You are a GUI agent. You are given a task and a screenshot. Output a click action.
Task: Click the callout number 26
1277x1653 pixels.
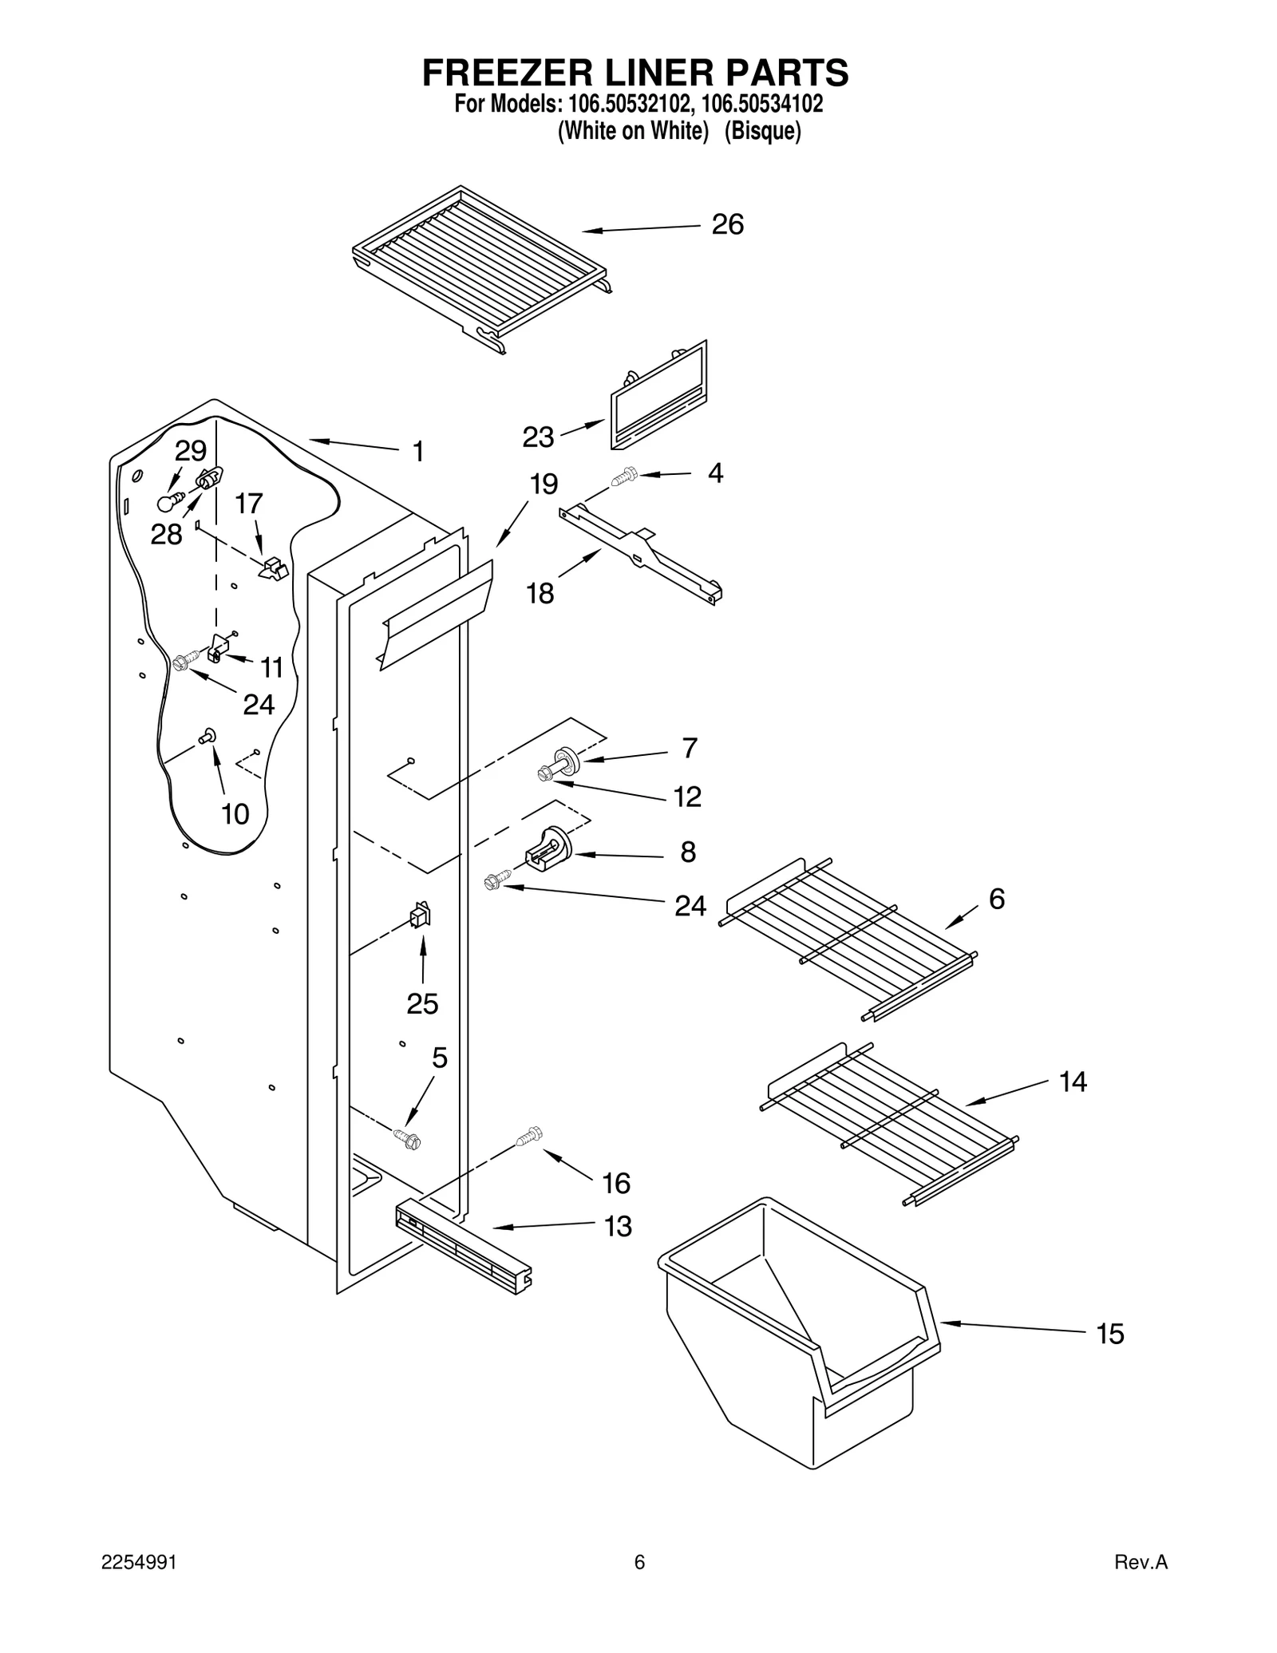(727, 225)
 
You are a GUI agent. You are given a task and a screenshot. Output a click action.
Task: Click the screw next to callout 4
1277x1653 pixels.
(623, 477)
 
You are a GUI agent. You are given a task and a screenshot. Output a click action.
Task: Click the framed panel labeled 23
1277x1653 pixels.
(658, 394)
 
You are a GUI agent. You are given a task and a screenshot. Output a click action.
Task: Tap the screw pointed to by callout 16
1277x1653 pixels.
(529, 1135)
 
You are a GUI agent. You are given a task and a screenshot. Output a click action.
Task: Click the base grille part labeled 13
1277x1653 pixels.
(463, 1248)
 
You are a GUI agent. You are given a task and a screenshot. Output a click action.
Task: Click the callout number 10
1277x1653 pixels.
(235, 814)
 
